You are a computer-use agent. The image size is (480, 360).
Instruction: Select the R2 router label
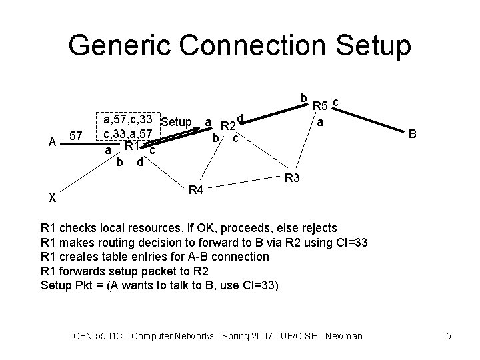coord(229,126)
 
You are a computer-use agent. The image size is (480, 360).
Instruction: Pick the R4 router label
coord(196,191)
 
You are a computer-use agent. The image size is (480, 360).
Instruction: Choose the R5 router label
coord(321,105)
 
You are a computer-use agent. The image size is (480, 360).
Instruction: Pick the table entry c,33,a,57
coord(127,134)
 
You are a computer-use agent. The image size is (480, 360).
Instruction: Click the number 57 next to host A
coord(77,137)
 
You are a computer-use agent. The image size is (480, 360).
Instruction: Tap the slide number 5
coord(449,336)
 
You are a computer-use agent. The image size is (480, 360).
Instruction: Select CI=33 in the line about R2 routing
coord(351,242)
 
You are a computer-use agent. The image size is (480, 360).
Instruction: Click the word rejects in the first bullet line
coord(318,228)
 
